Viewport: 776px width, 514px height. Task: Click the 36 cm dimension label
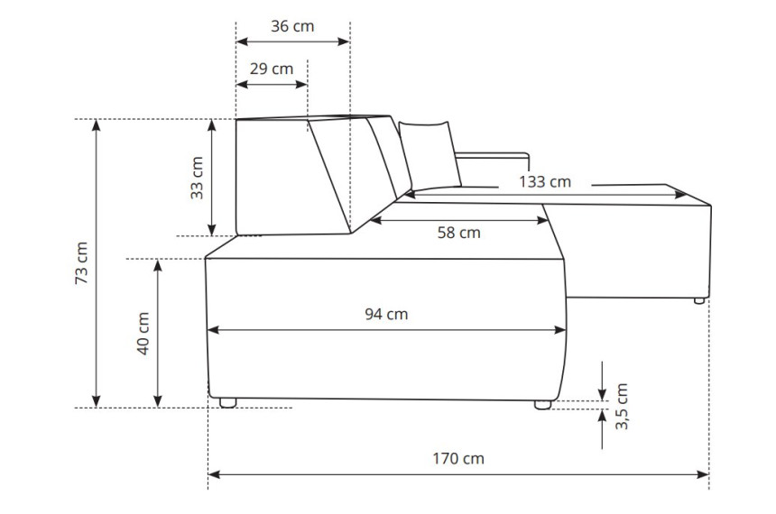[292, 26]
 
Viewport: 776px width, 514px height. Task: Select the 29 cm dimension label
[272, 69]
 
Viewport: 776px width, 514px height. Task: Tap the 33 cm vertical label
[197, 178]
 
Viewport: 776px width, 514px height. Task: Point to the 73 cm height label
[81, 262]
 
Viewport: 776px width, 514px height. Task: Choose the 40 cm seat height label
[143, 333]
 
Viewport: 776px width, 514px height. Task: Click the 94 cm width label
[386, 314]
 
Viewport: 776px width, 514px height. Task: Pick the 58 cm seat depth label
[458, 233]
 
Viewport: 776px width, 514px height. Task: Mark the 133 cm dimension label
[545, 182]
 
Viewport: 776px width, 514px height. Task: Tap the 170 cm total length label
[458, 459]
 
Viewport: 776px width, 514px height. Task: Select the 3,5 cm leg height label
[622, 406]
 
